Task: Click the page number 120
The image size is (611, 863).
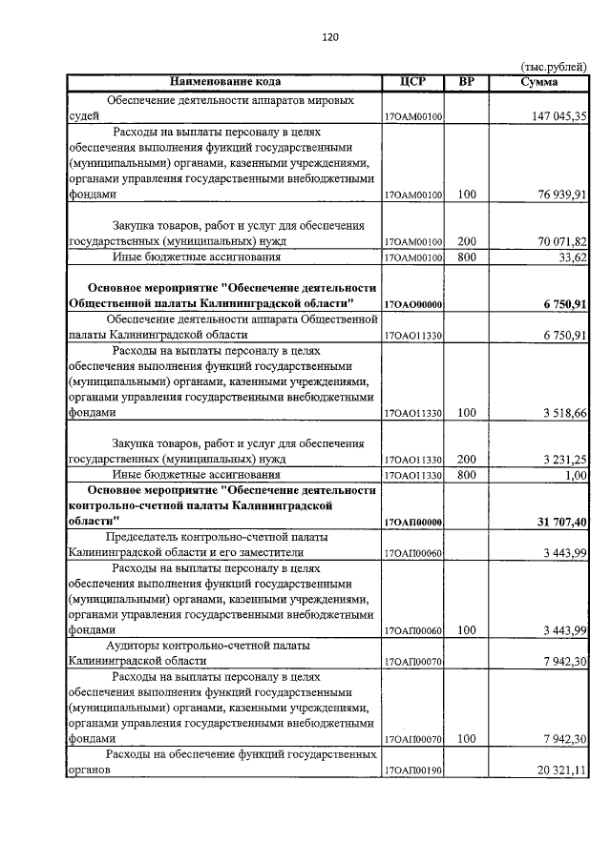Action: [x=330, y=37]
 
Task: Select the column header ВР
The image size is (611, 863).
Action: [x=467, y=82]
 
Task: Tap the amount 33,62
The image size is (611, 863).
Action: [x=571, y=257]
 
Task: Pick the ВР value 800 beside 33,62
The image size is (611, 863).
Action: [x=467, y=257]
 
